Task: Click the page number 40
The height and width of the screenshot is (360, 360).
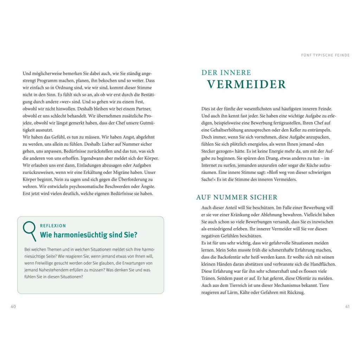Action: [13, 307]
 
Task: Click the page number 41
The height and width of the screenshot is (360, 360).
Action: [347, 307]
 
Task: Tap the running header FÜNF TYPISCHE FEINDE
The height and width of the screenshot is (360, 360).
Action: [326, 55]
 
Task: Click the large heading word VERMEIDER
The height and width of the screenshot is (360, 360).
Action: [246, 85]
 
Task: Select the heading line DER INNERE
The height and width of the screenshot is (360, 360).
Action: [226, 73]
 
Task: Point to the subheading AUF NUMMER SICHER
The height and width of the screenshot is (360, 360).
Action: [237, 198]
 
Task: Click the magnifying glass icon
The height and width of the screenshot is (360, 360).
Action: [30, 231]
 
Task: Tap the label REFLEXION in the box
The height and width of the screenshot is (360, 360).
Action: [53, 226]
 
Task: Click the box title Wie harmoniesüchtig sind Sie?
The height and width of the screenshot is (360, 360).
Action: [89, 235]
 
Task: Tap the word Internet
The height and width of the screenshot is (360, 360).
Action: [210, 165]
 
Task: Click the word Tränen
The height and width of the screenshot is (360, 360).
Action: [209, 278]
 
